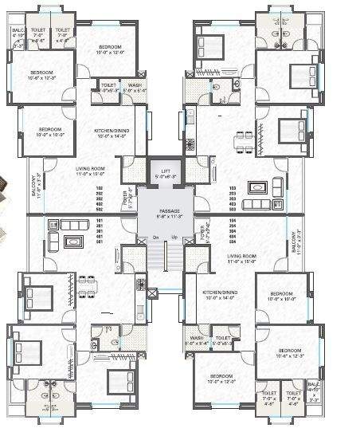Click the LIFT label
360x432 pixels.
pyautogui.click(x=166, y=171)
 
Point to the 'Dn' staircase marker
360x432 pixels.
pyautogui.click(x=156, y=238)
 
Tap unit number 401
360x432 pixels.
pyautogui.click(x=101, y=236)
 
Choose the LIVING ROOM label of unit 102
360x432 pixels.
pyautogui.click(x=92, y=170)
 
